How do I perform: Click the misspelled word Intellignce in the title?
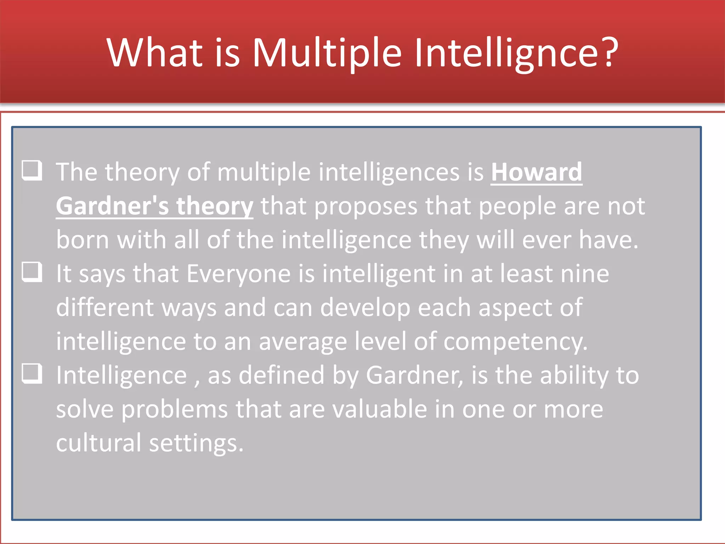pyautogui.click(x=506, y=53)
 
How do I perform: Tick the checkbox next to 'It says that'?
pyautogui.click(x=32, y=272)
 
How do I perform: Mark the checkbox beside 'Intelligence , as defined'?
pyautogui.click(x=32, y=374)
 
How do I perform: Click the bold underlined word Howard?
pyautogui.click(x=536, y=172)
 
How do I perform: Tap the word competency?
pyautogui.click(x=515, y=342)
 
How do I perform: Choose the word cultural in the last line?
pyautogui.click(x=98, y=443)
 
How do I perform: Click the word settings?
pyautogui.click(x=196, y=443)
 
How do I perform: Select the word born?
pyautogui.click(x=82, y=240)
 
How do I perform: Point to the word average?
pyautogui.click(x=303, y=342)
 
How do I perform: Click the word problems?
pyautogui.click(x=175, y=410)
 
